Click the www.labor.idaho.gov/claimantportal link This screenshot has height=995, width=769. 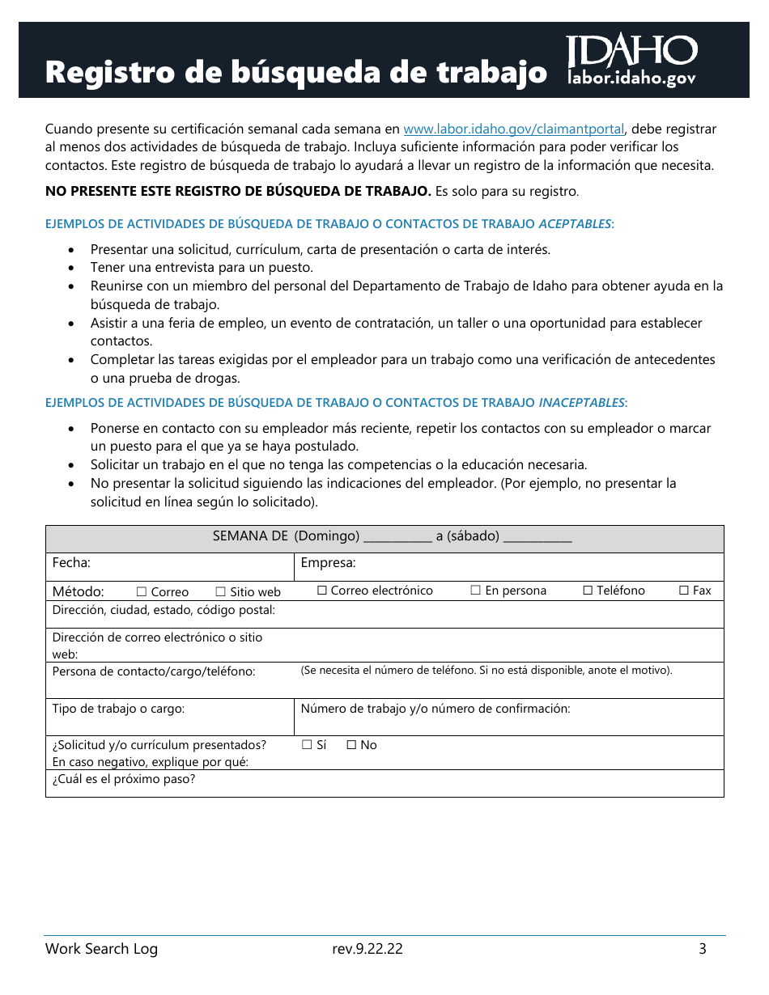tap(513, 129)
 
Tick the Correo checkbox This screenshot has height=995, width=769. tap(142, 592)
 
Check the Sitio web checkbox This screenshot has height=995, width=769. tap(220, 592)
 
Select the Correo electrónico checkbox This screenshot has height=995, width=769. tap(321, 591)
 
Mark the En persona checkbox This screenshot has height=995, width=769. tap(476, 591)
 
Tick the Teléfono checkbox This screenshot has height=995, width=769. tap(588, 591)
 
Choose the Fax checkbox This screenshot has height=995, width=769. tap(683, 591)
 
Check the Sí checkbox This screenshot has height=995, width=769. tap(307, 745)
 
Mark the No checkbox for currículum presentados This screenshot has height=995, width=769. tap(351, 745)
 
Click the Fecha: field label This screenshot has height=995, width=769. tap(71, 563)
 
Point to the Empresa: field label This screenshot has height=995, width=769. tap(328, 563)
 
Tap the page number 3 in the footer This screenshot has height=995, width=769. tap(703, 949)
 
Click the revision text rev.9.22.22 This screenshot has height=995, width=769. tap(367, 949)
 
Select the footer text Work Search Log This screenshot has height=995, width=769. tap(101, 949)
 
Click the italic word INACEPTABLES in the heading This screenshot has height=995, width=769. tap(582, 402)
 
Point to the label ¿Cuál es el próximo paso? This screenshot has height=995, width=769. tap(124, 779)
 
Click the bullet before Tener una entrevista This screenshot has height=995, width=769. tap(73, 268)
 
